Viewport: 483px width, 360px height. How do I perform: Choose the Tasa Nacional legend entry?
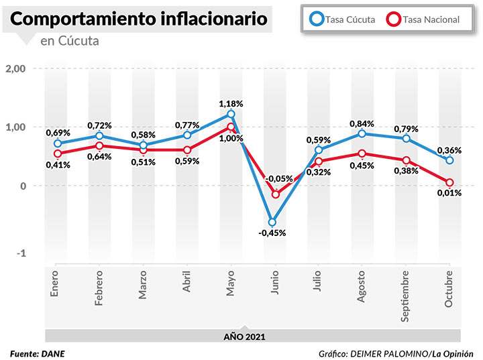point(423,19)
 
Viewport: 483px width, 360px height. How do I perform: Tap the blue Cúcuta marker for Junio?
point(272,222)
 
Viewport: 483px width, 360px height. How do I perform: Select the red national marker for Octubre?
point(449,182)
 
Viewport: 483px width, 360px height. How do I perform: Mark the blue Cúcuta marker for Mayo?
point(231,114)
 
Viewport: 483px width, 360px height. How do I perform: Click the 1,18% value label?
point(231,103)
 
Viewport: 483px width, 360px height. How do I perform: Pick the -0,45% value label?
point(272,233)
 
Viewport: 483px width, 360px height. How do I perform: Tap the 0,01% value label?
point(449,193)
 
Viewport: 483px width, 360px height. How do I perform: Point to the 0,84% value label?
point(362,123)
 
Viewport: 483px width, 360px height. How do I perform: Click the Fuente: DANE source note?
point(38,353)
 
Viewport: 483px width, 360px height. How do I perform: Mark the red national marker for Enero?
point(58,154)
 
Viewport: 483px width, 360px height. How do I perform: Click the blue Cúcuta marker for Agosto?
point(362,133)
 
